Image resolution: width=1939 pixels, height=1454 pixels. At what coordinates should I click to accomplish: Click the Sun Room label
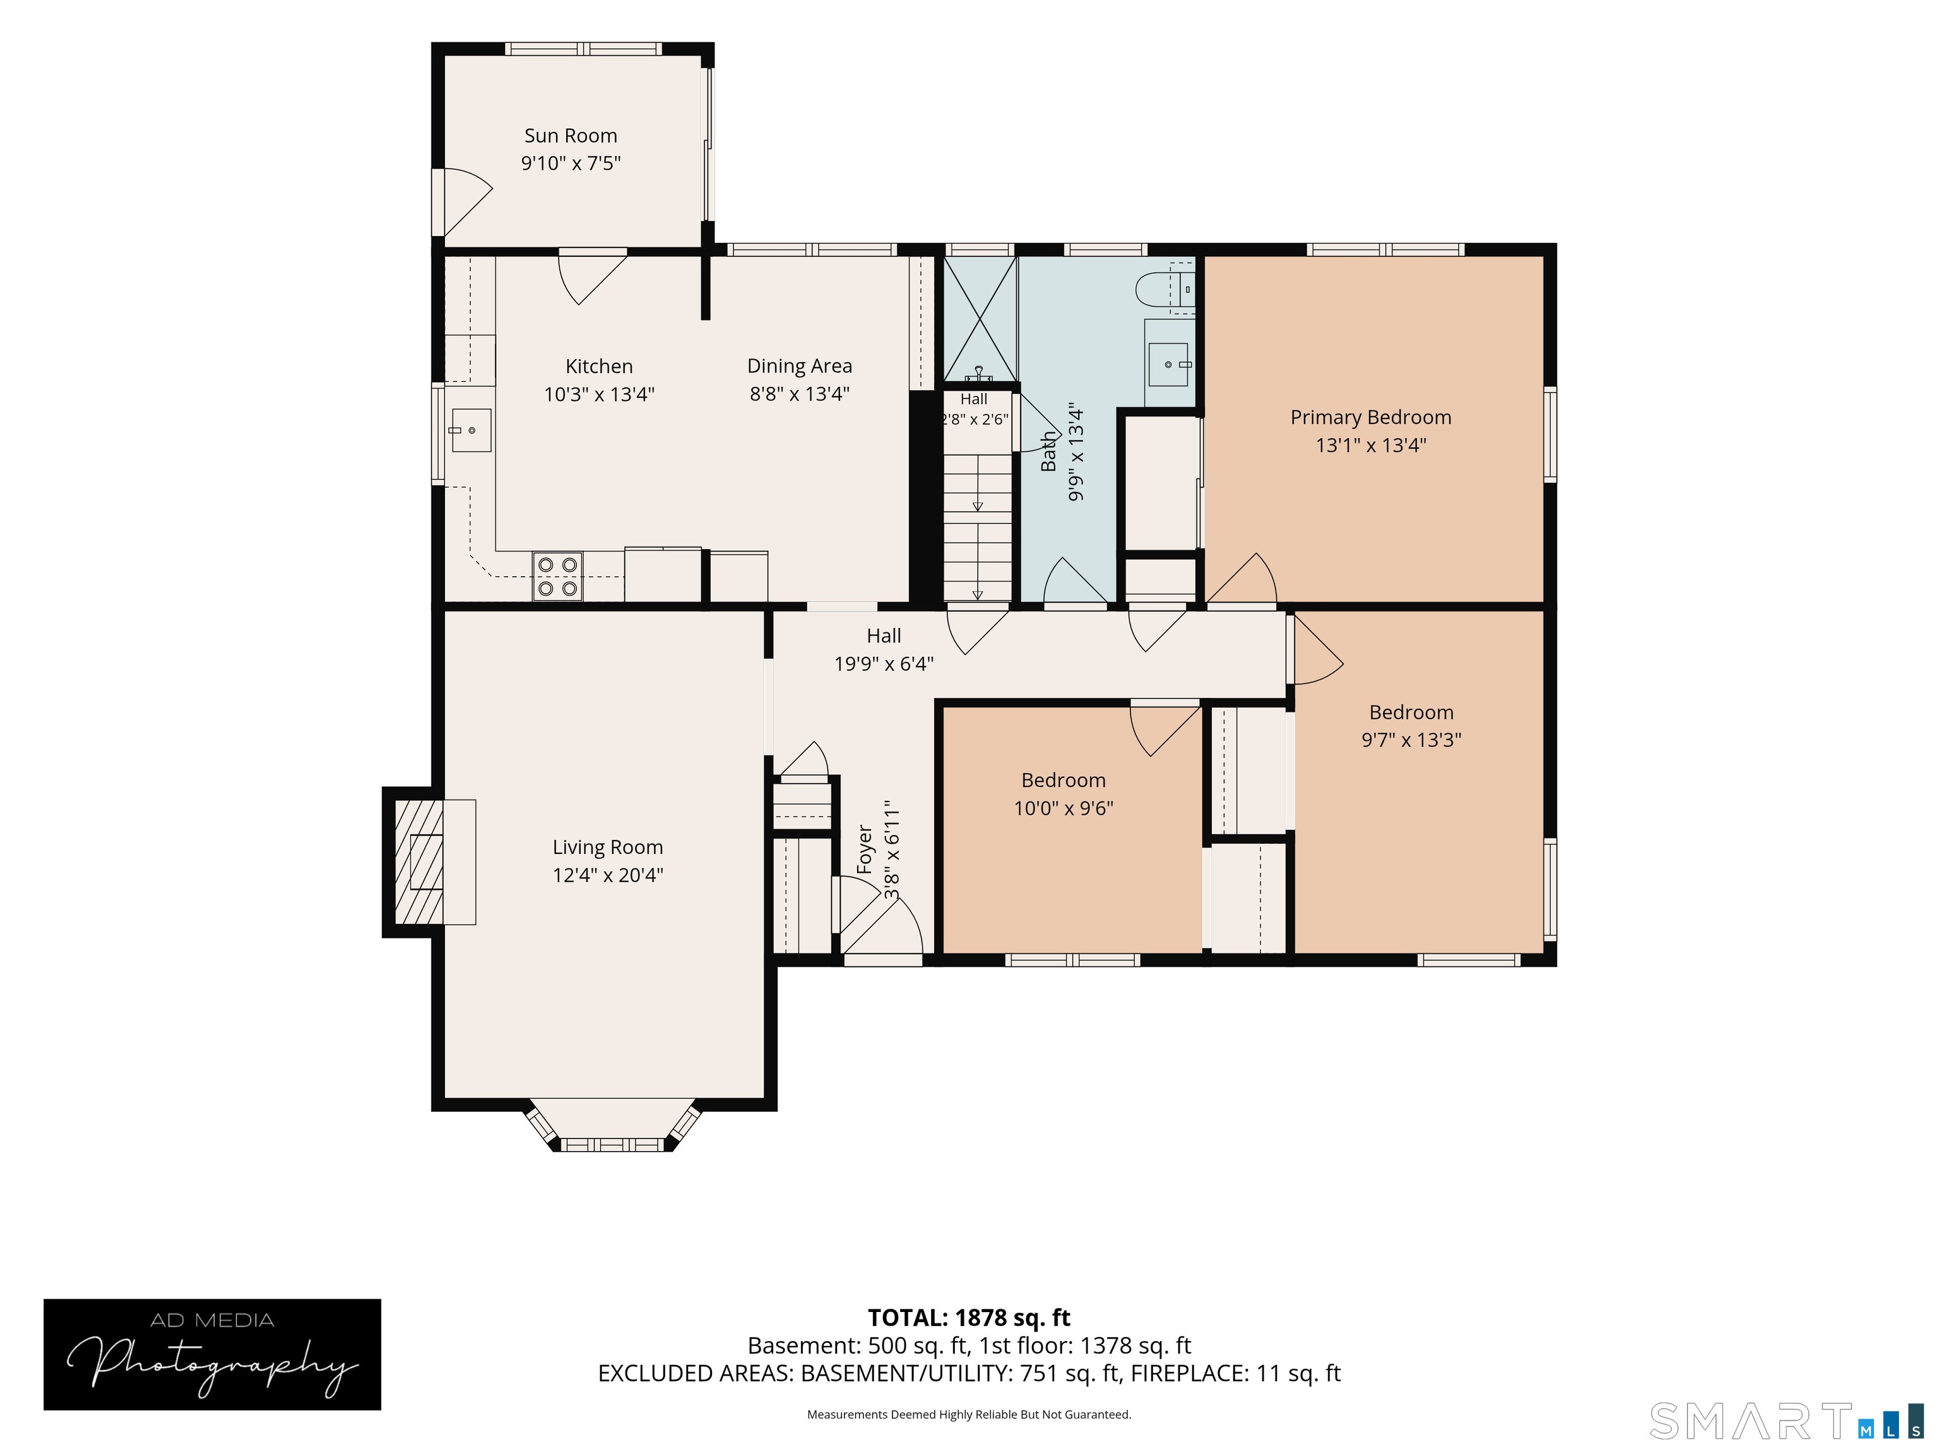pyautogui.click(x=571, y=136)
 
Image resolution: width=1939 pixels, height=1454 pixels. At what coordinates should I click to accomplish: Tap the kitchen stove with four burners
pyautogui.click(x=557, y=577)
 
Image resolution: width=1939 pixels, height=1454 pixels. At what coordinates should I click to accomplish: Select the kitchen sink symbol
pyautogui.click(x=471, y=430)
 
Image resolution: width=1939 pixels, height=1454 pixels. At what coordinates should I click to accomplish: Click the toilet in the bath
pyautogui.click(x=1165, y=287)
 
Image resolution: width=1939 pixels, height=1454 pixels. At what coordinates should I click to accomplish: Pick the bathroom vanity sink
pyautogui.click(x=1168, y=363)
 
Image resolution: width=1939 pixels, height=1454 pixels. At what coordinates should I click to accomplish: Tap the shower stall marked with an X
pyautogui.click(x=979, y=318)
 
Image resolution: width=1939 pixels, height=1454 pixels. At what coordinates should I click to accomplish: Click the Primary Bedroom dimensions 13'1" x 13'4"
pyautogui.click(x=1371, y=446)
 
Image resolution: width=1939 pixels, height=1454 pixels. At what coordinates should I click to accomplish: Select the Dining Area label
pyautogui.click(x=800, y=367)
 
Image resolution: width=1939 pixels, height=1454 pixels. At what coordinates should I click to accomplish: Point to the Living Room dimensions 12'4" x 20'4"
pyautogui.click(x=607, y=875)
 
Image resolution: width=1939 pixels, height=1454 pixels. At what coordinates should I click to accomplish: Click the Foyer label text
pyautogui.click(x=864, y=848)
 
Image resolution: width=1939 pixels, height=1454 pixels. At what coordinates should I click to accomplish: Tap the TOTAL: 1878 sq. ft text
pyautogui.click(x=969, y=1317)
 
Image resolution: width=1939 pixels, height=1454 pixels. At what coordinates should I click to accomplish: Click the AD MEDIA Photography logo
pyautogui.click(x=212, y=1354)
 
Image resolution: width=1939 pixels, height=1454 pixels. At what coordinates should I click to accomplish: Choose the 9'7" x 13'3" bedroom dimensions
pyautogui.click(x=1411, y=740)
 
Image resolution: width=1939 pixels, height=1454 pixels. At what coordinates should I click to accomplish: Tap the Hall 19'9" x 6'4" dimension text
pyautogui.click(x=884, y=663)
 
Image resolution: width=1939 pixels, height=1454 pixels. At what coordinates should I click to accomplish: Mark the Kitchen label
pyautogui.click(x=599, y=367)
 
